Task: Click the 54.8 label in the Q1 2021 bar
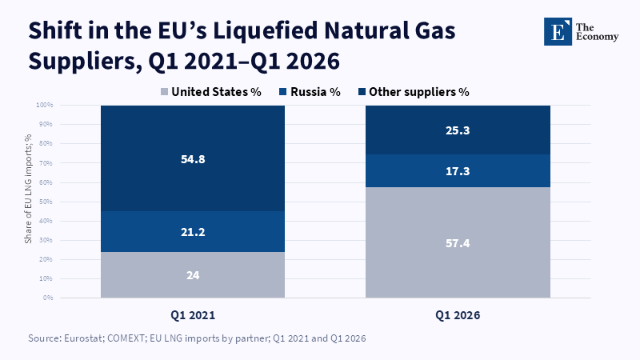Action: [x=193, y=159]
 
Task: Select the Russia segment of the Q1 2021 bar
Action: [x=193, y=231]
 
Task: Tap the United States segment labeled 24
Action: [x=193, y=274]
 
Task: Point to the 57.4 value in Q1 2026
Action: [x=458, y=243]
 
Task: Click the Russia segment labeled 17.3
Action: [x=458, y=170]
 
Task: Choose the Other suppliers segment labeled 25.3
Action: [x=458, y=130]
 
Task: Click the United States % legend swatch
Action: [x=164, y=92]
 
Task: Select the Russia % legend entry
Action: [x=310, y=92]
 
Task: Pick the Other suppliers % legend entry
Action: [x=414, y=92]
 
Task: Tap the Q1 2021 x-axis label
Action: [x=193, y=315]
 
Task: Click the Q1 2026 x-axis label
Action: [x=458, y=315]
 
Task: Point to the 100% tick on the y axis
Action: [x=45, y=105]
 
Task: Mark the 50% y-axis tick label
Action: [x=46, y=202]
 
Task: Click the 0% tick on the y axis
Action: [x=48, y=298]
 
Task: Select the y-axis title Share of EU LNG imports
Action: [x=28, y=189]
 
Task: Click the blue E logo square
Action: [x=558, y=31]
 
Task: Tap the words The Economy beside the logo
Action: [x=597, y=32]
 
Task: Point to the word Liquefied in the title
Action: [x=266, y=31]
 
